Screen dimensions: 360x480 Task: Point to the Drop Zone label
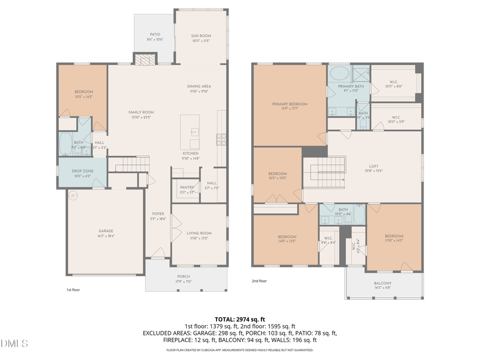[x=82, y=173]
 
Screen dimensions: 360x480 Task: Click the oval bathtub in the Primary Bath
[x=339, y=73]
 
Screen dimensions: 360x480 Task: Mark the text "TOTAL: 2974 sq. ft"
[x=239, y=318]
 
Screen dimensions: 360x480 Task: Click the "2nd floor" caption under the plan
[x=259, y=281]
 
